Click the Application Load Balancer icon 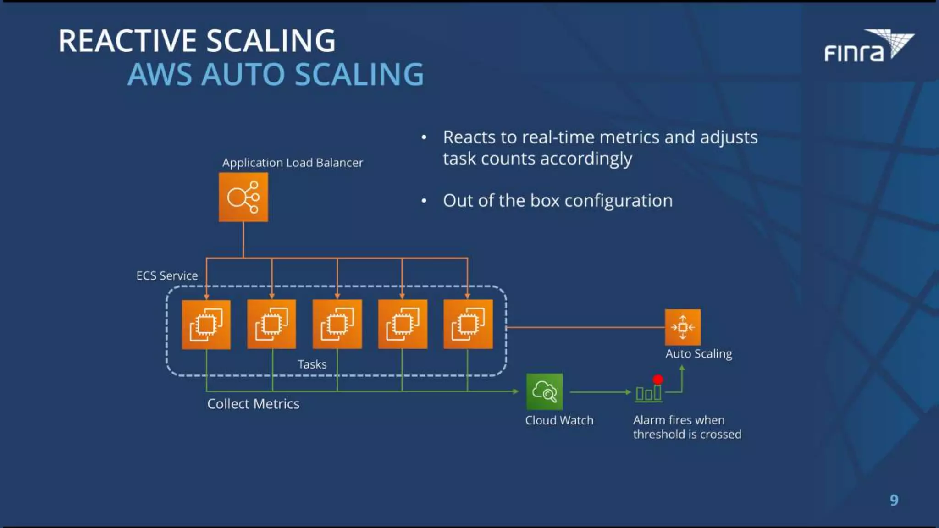click(243, 198)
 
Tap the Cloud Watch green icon click(544, 391)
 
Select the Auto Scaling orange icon click(683, 327)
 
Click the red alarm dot click(658, 379)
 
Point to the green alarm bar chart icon click(648, 394)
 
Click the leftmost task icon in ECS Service click(206, 324)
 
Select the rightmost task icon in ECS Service click(468, 324)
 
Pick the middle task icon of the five click(337, 324)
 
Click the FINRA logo click(868, 46)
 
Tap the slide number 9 click(894, 500)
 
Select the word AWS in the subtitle click(160, 74)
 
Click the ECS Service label click(167, 275)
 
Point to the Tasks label click(312, 364)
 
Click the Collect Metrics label click(253, 404)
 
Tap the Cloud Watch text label click(559, 420)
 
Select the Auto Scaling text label click(699, 354)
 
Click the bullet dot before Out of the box click(424, 201)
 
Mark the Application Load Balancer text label click(293, 163)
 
